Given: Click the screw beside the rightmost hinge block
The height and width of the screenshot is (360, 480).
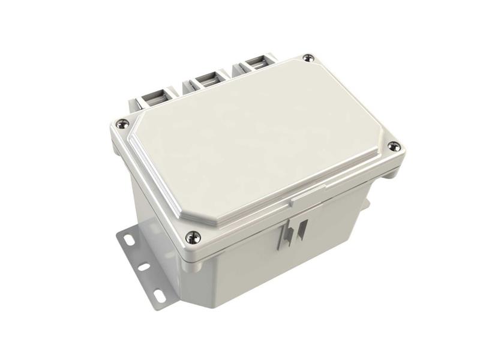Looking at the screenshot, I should pyautogui.click(x=308, y=58).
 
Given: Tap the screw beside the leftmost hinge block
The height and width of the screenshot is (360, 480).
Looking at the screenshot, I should pyautogui.click(x=122, y=124).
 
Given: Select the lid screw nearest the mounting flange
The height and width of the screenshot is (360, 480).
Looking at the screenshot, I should pyautogui.click(x=192, y=238).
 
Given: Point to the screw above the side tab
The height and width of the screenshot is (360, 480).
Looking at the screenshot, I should pyautogui.click(x=394, y=146).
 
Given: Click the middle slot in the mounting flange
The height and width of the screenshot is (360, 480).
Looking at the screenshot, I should pyautogui.click(x=144, y=266).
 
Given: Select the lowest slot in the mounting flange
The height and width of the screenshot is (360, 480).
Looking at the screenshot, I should pyautogui.click(x=160, y=295).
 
